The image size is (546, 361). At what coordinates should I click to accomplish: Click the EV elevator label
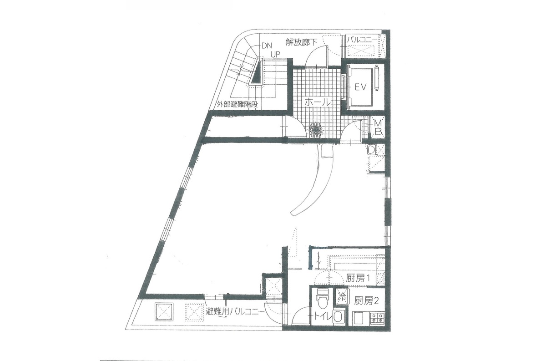360,87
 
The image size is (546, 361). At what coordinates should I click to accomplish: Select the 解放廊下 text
301,42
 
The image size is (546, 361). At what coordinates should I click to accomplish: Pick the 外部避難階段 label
238,105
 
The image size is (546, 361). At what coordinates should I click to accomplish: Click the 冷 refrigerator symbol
343,297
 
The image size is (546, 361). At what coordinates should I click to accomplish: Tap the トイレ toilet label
322,317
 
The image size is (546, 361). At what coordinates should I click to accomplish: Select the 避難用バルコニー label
235,312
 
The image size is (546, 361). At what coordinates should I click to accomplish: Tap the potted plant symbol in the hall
316,130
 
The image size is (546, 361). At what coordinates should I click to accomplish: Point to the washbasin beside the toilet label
338,317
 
